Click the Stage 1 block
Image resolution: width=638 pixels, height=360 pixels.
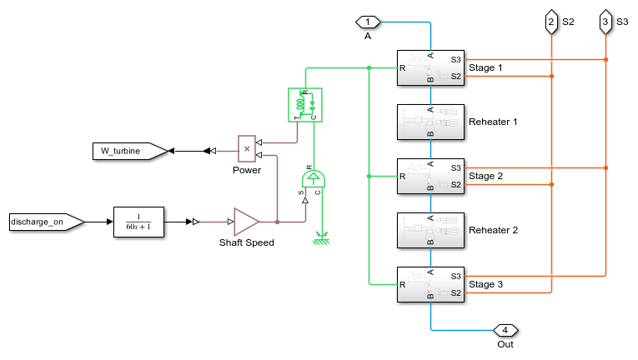[x=430, y=68]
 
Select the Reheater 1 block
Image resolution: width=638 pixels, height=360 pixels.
[x=430, y=122]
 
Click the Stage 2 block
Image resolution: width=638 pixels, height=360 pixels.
[x=430, y=176]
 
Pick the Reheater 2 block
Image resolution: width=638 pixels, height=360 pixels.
[x=430, y=230]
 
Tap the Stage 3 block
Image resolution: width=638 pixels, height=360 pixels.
[x=430, y=284]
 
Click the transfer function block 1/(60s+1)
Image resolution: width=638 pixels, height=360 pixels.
[x=138, y=222]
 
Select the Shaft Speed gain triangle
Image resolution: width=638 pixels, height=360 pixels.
[x=246, y=222]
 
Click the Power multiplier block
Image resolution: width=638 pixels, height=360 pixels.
[x=246, y=148]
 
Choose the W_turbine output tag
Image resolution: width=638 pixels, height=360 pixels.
[x=128, y=151]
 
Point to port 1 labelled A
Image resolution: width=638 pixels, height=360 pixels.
[x=369, y=21]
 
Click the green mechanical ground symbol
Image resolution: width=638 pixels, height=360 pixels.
[x=317, y=242]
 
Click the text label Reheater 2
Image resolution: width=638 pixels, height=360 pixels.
[x=494, y=229]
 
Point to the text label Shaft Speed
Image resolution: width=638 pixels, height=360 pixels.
[x=247, y=243]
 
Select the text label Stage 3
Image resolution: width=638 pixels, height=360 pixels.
[x=486, y=284]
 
